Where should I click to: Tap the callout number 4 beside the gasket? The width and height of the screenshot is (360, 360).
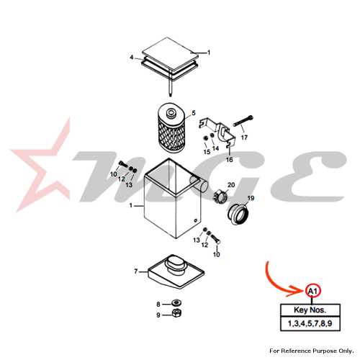coord(132,58)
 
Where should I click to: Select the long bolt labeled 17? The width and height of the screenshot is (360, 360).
coord(243,121)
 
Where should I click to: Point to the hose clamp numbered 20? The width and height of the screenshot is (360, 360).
coord(220,196)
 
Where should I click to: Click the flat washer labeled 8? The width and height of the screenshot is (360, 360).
coord(176,303)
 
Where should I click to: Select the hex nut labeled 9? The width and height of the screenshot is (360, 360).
coord(176,313)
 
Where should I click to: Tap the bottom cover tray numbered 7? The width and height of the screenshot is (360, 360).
coord(176,272)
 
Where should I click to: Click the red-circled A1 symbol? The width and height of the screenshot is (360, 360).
coord(312,292)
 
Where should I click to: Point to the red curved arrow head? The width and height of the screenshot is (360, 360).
coord(297,291)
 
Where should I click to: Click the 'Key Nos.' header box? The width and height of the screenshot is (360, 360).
coord(310,310)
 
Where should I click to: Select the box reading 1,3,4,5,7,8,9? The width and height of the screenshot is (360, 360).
coord(310,323)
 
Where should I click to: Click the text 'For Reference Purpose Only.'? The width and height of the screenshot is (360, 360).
coord(312,351)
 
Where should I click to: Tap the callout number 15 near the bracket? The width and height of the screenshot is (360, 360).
coord(207,152)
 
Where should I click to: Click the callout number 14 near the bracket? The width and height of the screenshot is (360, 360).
coord(215,148)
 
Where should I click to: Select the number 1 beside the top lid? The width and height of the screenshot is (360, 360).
coord(209,53)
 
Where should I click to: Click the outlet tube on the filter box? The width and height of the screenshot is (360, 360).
coord(199,184)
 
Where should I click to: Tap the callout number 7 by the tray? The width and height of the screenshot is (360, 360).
coord(136,271)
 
